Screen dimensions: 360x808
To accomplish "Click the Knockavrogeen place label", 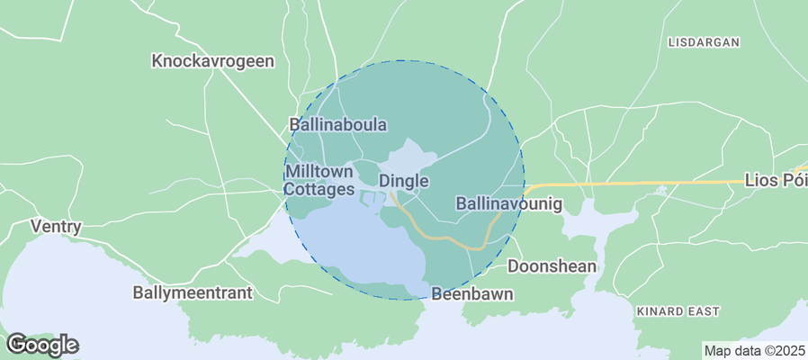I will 213,61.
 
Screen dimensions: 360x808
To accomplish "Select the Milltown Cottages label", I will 319,180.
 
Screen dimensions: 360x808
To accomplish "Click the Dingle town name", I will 403,181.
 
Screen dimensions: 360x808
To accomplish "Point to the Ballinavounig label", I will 509,204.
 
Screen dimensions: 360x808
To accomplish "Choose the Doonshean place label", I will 552,266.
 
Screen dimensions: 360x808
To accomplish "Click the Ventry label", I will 56,227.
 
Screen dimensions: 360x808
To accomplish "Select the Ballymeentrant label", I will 193,292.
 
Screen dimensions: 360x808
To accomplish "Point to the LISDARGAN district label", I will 704,42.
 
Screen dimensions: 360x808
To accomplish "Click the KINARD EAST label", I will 678,311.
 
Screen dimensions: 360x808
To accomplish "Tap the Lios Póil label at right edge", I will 776,181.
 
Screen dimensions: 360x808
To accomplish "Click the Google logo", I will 41,345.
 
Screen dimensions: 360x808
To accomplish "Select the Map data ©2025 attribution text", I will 754,350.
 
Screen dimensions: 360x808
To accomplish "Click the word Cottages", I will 319,190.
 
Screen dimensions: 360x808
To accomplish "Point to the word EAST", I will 705,311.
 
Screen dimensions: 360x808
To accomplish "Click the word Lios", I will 760,181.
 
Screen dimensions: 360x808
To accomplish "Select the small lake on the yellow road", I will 662,190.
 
